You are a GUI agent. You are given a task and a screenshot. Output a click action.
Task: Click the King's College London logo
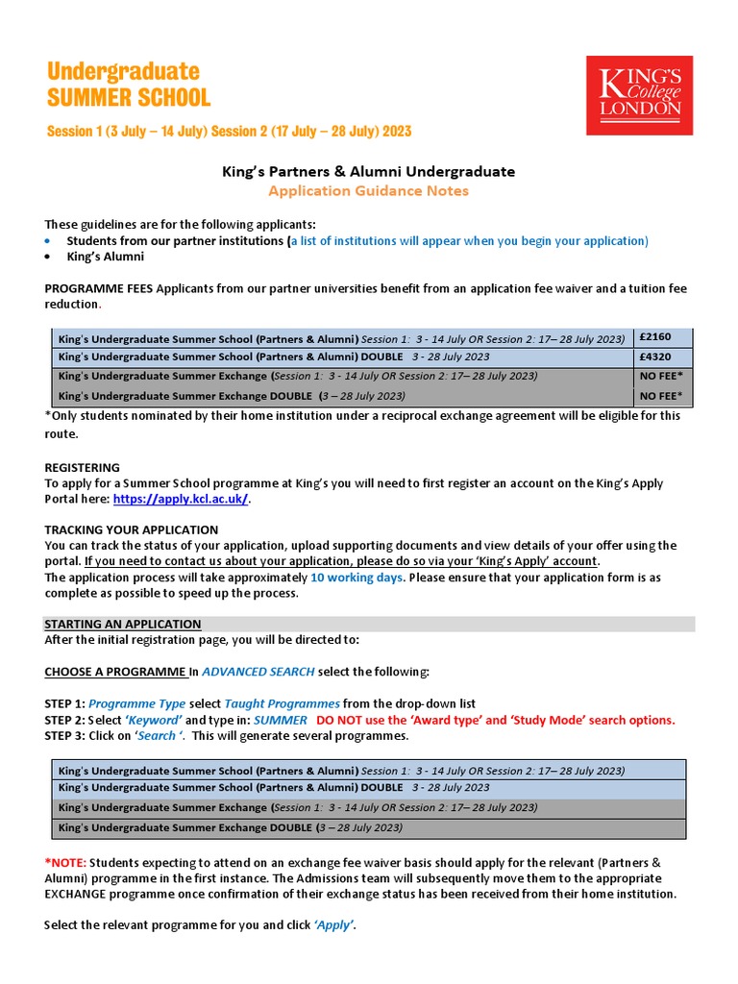click(x=639, y=95)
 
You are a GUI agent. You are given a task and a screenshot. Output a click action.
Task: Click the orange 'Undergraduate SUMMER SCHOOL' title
click(x=129, y=85)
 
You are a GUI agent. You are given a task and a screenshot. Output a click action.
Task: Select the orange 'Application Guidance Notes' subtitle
click(x=368, y=190)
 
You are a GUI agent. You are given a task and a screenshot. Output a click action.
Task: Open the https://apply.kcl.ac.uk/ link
click(x=181, y=499)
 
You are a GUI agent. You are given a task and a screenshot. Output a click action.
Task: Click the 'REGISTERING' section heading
click(x=83, y=468)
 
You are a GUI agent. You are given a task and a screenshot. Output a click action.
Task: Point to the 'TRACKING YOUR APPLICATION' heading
click(x=132, y=529)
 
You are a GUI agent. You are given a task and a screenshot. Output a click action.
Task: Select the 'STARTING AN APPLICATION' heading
click(x=123, y=624)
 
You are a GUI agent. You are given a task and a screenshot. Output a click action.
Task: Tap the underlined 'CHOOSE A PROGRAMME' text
click(x=115, y=671)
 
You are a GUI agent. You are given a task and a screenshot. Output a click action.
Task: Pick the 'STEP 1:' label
click(x=64, y=703)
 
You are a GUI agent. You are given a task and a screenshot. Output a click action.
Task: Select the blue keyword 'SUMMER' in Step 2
click(x=281, y=720)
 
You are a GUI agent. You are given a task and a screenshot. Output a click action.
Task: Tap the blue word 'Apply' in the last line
click(x=334, y=924)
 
